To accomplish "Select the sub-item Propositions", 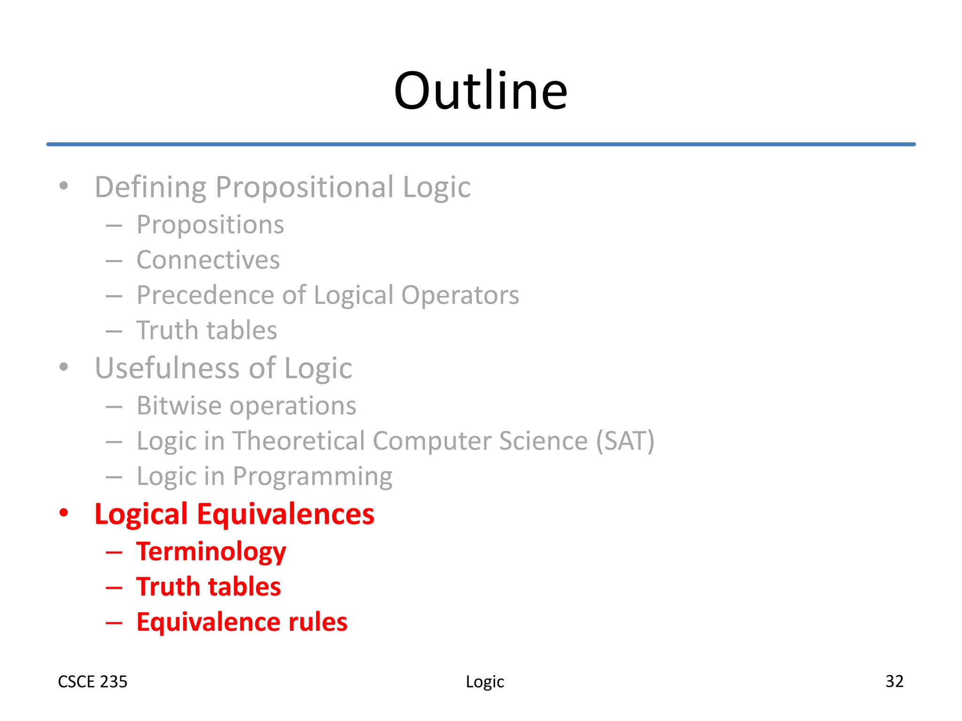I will click(x=210, y=225).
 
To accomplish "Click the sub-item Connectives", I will click(x=208, y=260).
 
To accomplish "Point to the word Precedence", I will click(x=205, y=295).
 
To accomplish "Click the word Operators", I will click(x=460, y=295).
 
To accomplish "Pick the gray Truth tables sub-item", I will click(x=207, y=330).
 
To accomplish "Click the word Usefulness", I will click(x=168, y=368).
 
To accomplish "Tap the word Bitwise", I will click(x=178, y=406).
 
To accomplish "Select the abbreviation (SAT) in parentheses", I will click(x=625, y=441).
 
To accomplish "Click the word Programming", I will click(x=312, y=477).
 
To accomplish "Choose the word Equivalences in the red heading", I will click(x=286, y=514).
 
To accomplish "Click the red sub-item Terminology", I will click(x=211, y=552).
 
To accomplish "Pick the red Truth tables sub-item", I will click(x=209, y=587).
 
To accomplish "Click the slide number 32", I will click(x=894, y=681).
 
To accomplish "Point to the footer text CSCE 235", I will click(x=93, y=682).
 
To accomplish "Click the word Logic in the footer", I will click(x=485, y=682).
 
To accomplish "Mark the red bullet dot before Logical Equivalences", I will click(x=64, y=513).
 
